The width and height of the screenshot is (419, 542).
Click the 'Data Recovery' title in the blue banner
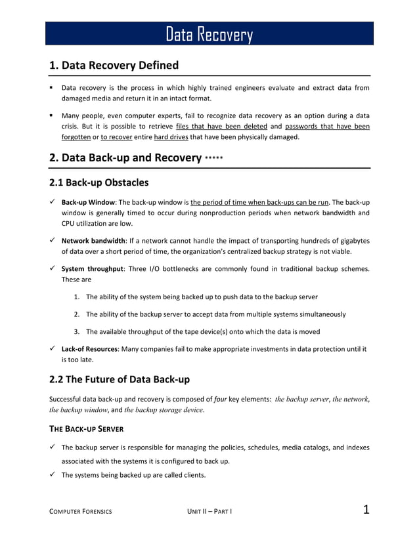[209, 34]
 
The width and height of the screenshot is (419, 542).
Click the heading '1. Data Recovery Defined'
[114, 66]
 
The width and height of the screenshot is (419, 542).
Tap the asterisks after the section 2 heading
[213, 159]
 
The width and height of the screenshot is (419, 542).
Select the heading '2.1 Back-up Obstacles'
[99, 182]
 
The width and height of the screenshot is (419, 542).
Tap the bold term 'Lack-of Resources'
[89, 349]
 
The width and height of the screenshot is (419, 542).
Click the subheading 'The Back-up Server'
[87, 430]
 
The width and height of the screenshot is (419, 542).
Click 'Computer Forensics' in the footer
[81, 511]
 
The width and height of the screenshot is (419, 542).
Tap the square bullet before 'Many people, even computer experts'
[51, 115]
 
